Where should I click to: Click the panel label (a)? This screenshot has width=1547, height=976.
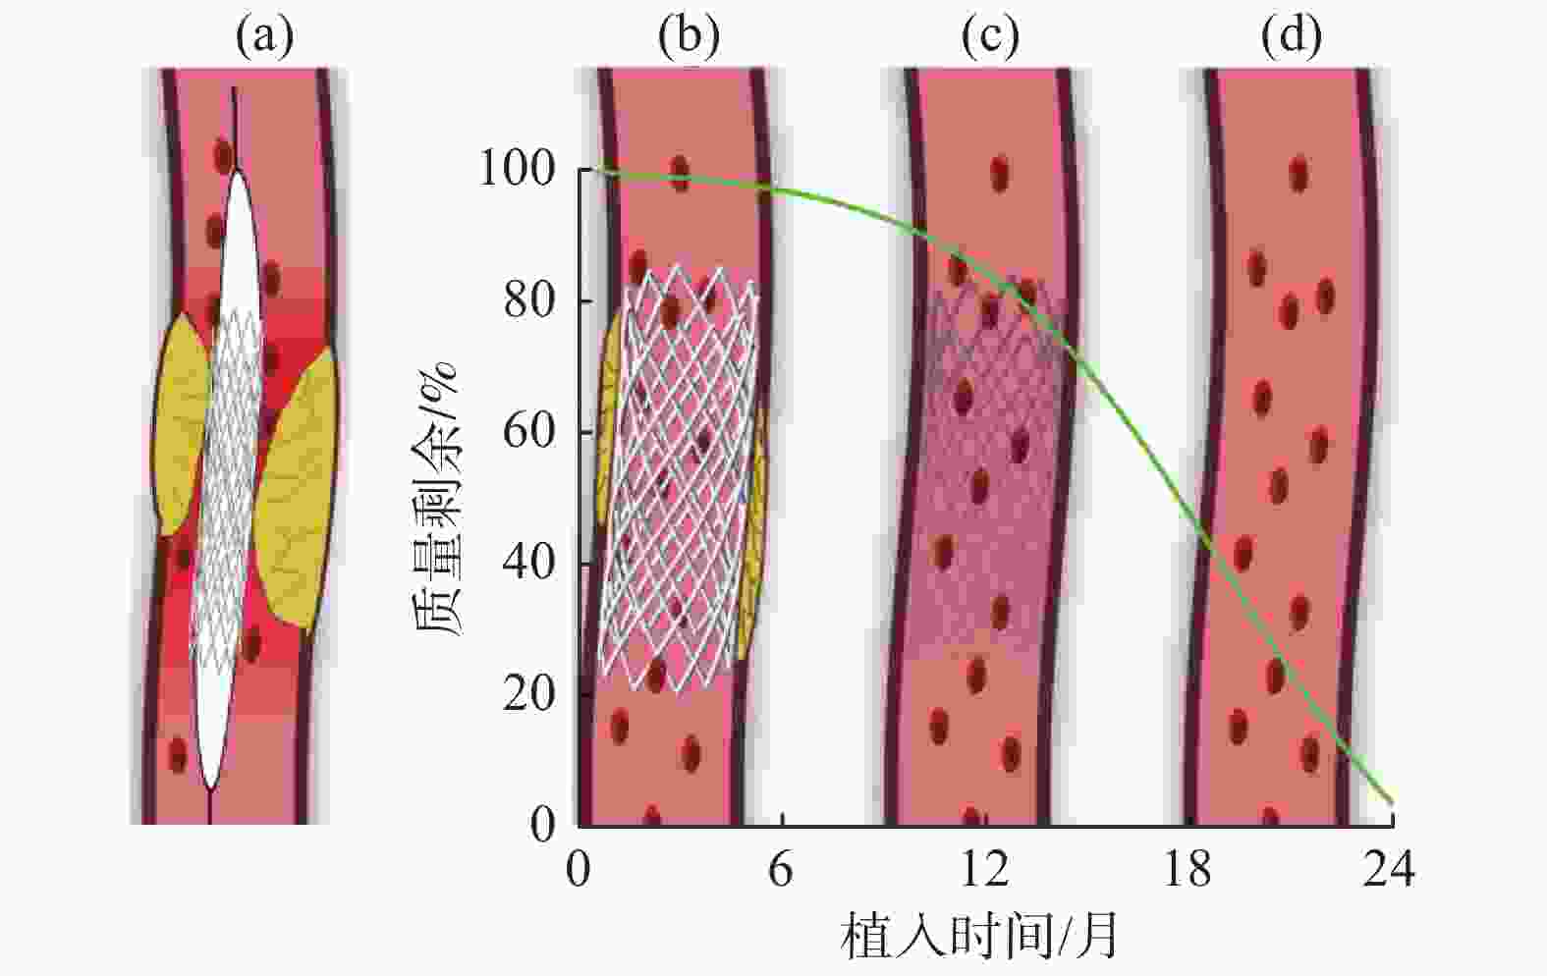tap(263, 36)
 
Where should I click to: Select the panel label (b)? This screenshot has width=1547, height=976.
tap(689, 36)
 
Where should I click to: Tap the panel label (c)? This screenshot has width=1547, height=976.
tap(989, 36)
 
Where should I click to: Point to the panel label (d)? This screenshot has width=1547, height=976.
tap(1291, 36)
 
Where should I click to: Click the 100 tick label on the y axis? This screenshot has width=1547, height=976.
tap(517, 170)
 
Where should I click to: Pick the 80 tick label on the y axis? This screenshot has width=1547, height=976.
tap(529, 300)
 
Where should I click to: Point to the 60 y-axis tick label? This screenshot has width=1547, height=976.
tap(529, 432)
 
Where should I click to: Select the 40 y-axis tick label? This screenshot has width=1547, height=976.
tap(529, 563)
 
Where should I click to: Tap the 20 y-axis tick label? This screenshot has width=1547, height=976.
tap(529, 694)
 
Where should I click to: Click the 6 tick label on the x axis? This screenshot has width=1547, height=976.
tap(780, 870)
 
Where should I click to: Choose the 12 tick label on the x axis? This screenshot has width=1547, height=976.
tap(984, 870)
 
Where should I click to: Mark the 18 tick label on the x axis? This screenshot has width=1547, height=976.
tap(1188, 870)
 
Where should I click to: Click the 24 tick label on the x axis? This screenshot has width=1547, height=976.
tap(1389, 870)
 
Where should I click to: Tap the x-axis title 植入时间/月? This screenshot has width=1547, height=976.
tap(979, 935)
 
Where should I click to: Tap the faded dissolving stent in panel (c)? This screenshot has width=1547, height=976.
tap(992, 471)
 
